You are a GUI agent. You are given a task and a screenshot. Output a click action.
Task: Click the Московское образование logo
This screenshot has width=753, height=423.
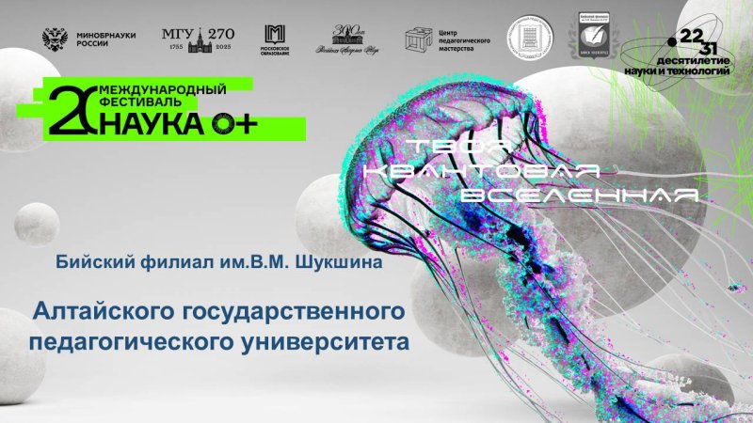pyautogui.click(x=274, y=39)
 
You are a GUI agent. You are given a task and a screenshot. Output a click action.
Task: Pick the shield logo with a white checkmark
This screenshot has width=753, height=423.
pyautogui.click(x=595, y=36)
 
